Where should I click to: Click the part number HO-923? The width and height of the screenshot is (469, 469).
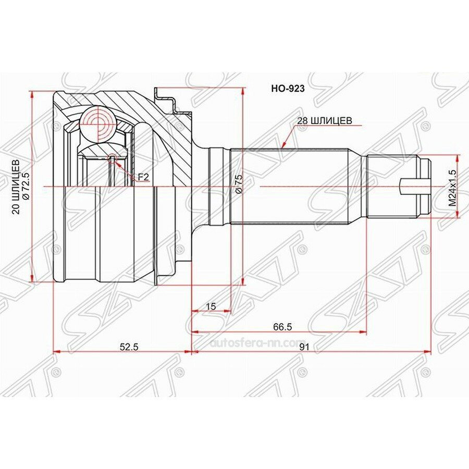tap(288, 89)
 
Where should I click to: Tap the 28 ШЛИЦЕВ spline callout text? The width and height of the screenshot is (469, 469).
tap(325, 120)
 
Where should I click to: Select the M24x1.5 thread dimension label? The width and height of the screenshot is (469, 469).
tap(452, 188)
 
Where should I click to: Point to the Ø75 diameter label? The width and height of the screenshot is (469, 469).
tap(238, 184)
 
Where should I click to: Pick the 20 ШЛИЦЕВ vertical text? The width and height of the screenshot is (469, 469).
tap(16, 187)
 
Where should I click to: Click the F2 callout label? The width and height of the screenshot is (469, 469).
tap(143, 177)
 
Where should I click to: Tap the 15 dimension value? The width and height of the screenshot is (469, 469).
tap(211, 306)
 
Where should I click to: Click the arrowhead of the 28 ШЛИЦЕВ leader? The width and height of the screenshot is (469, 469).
tap(284, 145)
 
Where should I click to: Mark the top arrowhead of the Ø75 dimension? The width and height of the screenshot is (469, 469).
tap(243, 91)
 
